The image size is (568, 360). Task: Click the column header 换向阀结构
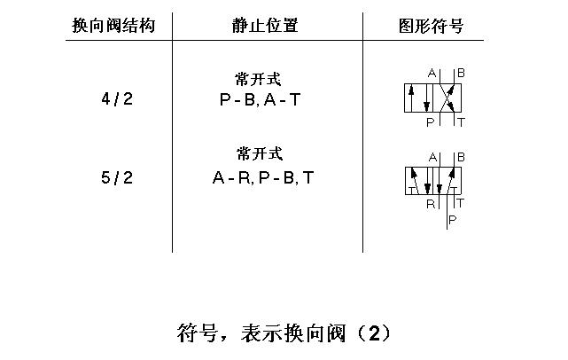[113, 26]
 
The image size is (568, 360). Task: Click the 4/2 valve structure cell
[117, 98]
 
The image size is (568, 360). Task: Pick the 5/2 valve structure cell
[117, 178]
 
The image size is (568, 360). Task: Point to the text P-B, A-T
[259, 100]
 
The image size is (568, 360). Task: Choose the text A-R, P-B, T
[263, 178]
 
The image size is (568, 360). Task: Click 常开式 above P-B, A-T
[259, 80]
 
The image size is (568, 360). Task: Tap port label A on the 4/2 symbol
[432, 72]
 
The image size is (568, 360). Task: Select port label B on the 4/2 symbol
[461, 72]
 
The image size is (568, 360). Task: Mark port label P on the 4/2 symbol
[431, 121]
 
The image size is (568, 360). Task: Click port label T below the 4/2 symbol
[461, 121]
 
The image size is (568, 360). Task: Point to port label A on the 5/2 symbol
[432, 157]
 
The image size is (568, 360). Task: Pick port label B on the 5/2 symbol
[461, 157]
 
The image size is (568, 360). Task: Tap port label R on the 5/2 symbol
[431, 203]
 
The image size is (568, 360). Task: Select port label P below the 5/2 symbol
[453, 218]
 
